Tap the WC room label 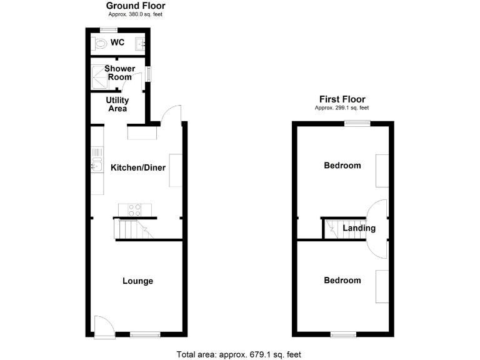point(117,43)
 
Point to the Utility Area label point(117,104)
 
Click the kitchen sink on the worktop point(96,165)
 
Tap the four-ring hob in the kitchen point(134,210)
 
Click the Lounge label point(137,281)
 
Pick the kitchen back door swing point(171,115)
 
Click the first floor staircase point(332,229)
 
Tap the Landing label point(359,228)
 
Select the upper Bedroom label point(342,166)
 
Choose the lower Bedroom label point(342,280)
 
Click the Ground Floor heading point(135,6)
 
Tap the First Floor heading point(342,99)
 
